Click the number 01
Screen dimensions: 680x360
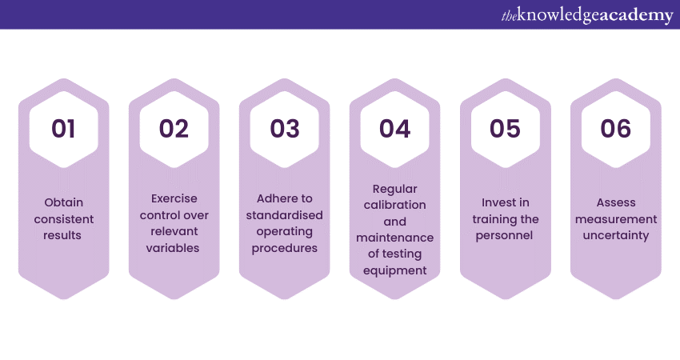click(63, 129)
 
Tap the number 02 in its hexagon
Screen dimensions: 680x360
click(174, 129)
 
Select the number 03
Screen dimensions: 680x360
click(285, 129)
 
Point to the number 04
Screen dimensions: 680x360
click(394, 129)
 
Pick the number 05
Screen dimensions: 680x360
click(506, 129)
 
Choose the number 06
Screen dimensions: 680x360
click(616, 129)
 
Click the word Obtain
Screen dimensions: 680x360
click(64, 202)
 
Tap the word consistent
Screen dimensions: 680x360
click(64, 219)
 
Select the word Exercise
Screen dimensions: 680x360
click(174, 198)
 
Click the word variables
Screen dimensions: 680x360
click(173, 248)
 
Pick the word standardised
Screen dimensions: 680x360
click(285, 215)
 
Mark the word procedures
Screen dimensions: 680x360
click(285, 249)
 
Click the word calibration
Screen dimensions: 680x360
click(394, 205)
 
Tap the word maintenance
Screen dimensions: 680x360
click(394, 238)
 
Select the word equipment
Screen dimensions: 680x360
click(394, 270)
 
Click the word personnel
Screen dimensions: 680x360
click(504, 236)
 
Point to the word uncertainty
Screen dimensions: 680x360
click(616, 235)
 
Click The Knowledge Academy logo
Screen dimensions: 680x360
click(587, 16)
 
